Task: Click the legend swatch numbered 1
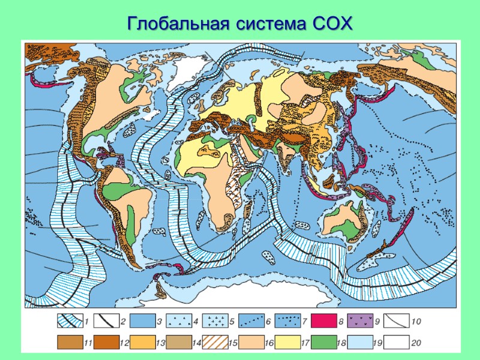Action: point(70,322)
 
